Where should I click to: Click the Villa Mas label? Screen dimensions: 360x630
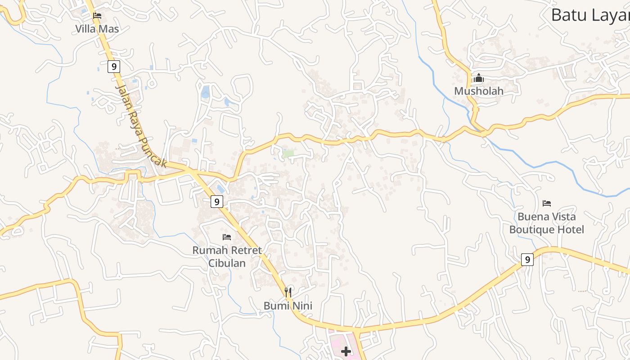97,29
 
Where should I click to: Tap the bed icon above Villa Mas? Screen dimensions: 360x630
97,16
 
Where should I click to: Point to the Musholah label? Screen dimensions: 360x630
478,91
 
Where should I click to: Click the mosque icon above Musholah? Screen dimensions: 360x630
478,78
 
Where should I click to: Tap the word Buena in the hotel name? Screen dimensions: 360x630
534,216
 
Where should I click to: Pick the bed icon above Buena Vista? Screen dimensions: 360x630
547,203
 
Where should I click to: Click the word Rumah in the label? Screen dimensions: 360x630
208,250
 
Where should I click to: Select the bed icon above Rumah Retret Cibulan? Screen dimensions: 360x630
227,237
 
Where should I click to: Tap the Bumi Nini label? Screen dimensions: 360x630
288,306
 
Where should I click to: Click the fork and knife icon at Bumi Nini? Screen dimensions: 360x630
288,292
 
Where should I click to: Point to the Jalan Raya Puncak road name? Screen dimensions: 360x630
140,125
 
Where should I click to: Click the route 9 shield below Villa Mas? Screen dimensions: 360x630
114,67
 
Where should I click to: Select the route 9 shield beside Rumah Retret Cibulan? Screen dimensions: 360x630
217,202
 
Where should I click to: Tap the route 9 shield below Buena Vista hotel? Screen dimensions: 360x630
527,260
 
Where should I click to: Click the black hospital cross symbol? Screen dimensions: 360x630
346,351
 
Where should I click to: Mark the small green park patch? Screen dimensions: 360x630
288,153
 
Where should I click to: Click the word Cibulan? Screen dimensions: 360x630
227,263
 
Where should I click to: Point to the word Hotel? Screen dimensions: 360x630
573,229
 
